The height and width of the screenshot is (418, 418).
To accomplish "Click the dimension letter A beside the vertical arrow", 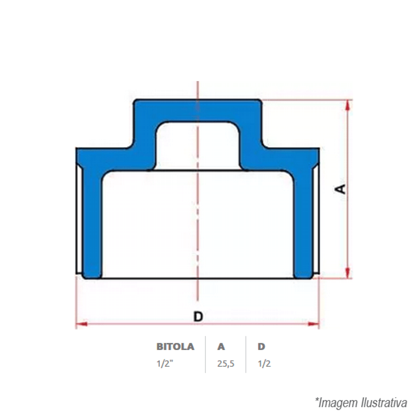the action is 340,189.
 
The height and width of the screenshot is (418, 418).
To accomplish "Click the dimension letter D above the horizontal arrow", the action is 198,317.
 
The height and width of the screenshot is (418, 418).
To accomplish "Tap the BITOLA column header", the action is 175,346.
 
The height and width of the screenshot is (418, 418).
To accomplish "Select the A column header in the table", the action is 221,346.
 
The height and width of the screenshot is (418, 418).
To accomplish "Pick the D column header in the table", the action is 261,346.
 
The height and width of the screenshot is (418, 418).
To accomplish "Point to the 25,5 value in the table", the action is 226,364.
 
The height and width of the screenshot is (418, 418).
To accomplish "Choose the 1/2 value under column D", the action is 264,364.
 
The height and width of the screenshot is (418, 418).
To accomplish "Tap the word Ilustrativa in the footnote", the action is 385,402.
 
